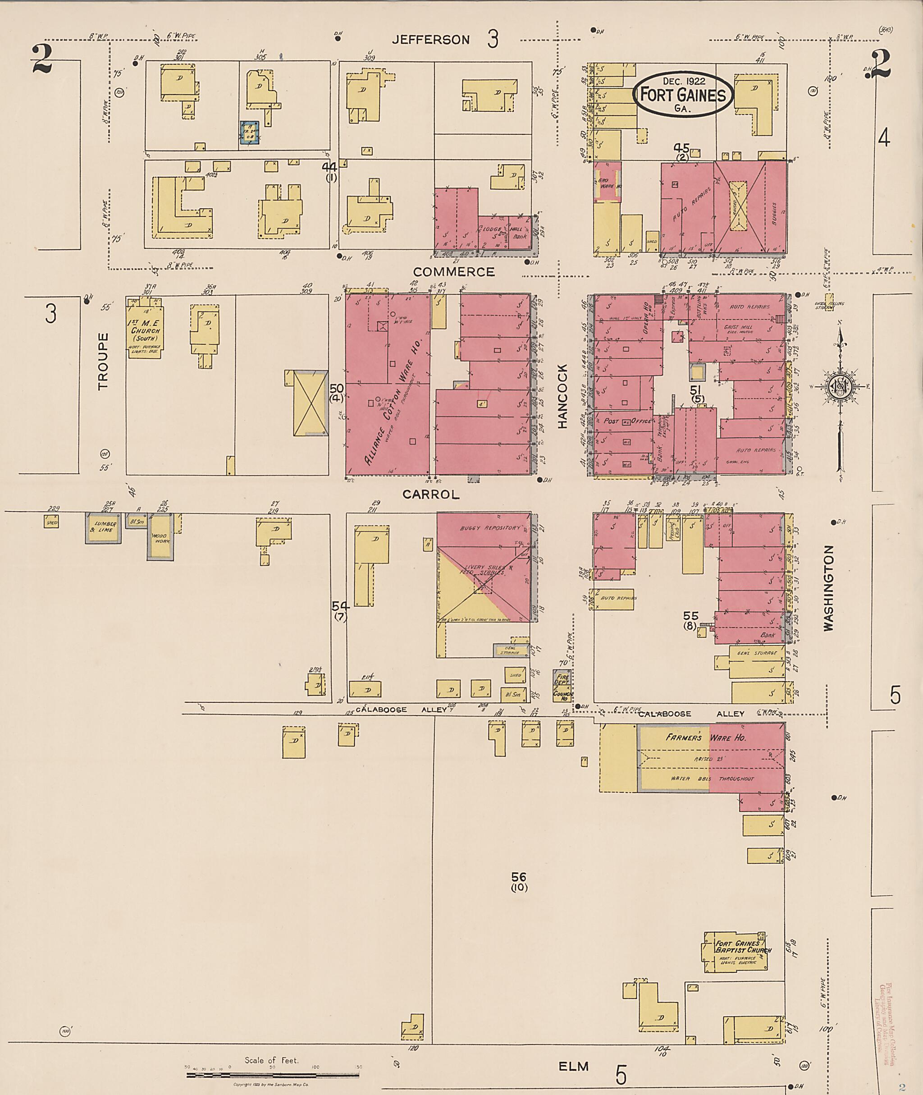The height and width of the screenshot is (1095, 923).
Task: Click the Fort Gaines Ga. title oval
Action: coord(683,94)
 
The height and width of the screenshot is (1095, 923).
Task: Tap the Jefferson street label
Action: coord(431,40)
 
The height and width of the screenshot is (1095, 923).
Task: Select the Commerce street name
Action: coord(454,272)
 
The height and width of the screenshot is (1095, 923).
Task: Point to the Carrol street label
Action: coord(431,494)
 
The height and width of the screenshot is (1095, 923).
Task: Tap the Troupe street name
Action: coord(103,361)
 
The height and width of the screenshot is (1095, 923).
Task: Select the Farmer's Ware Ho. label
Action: coord(705,738)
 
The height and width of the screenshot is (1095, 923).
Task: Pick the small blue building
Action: coord(250,133)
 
